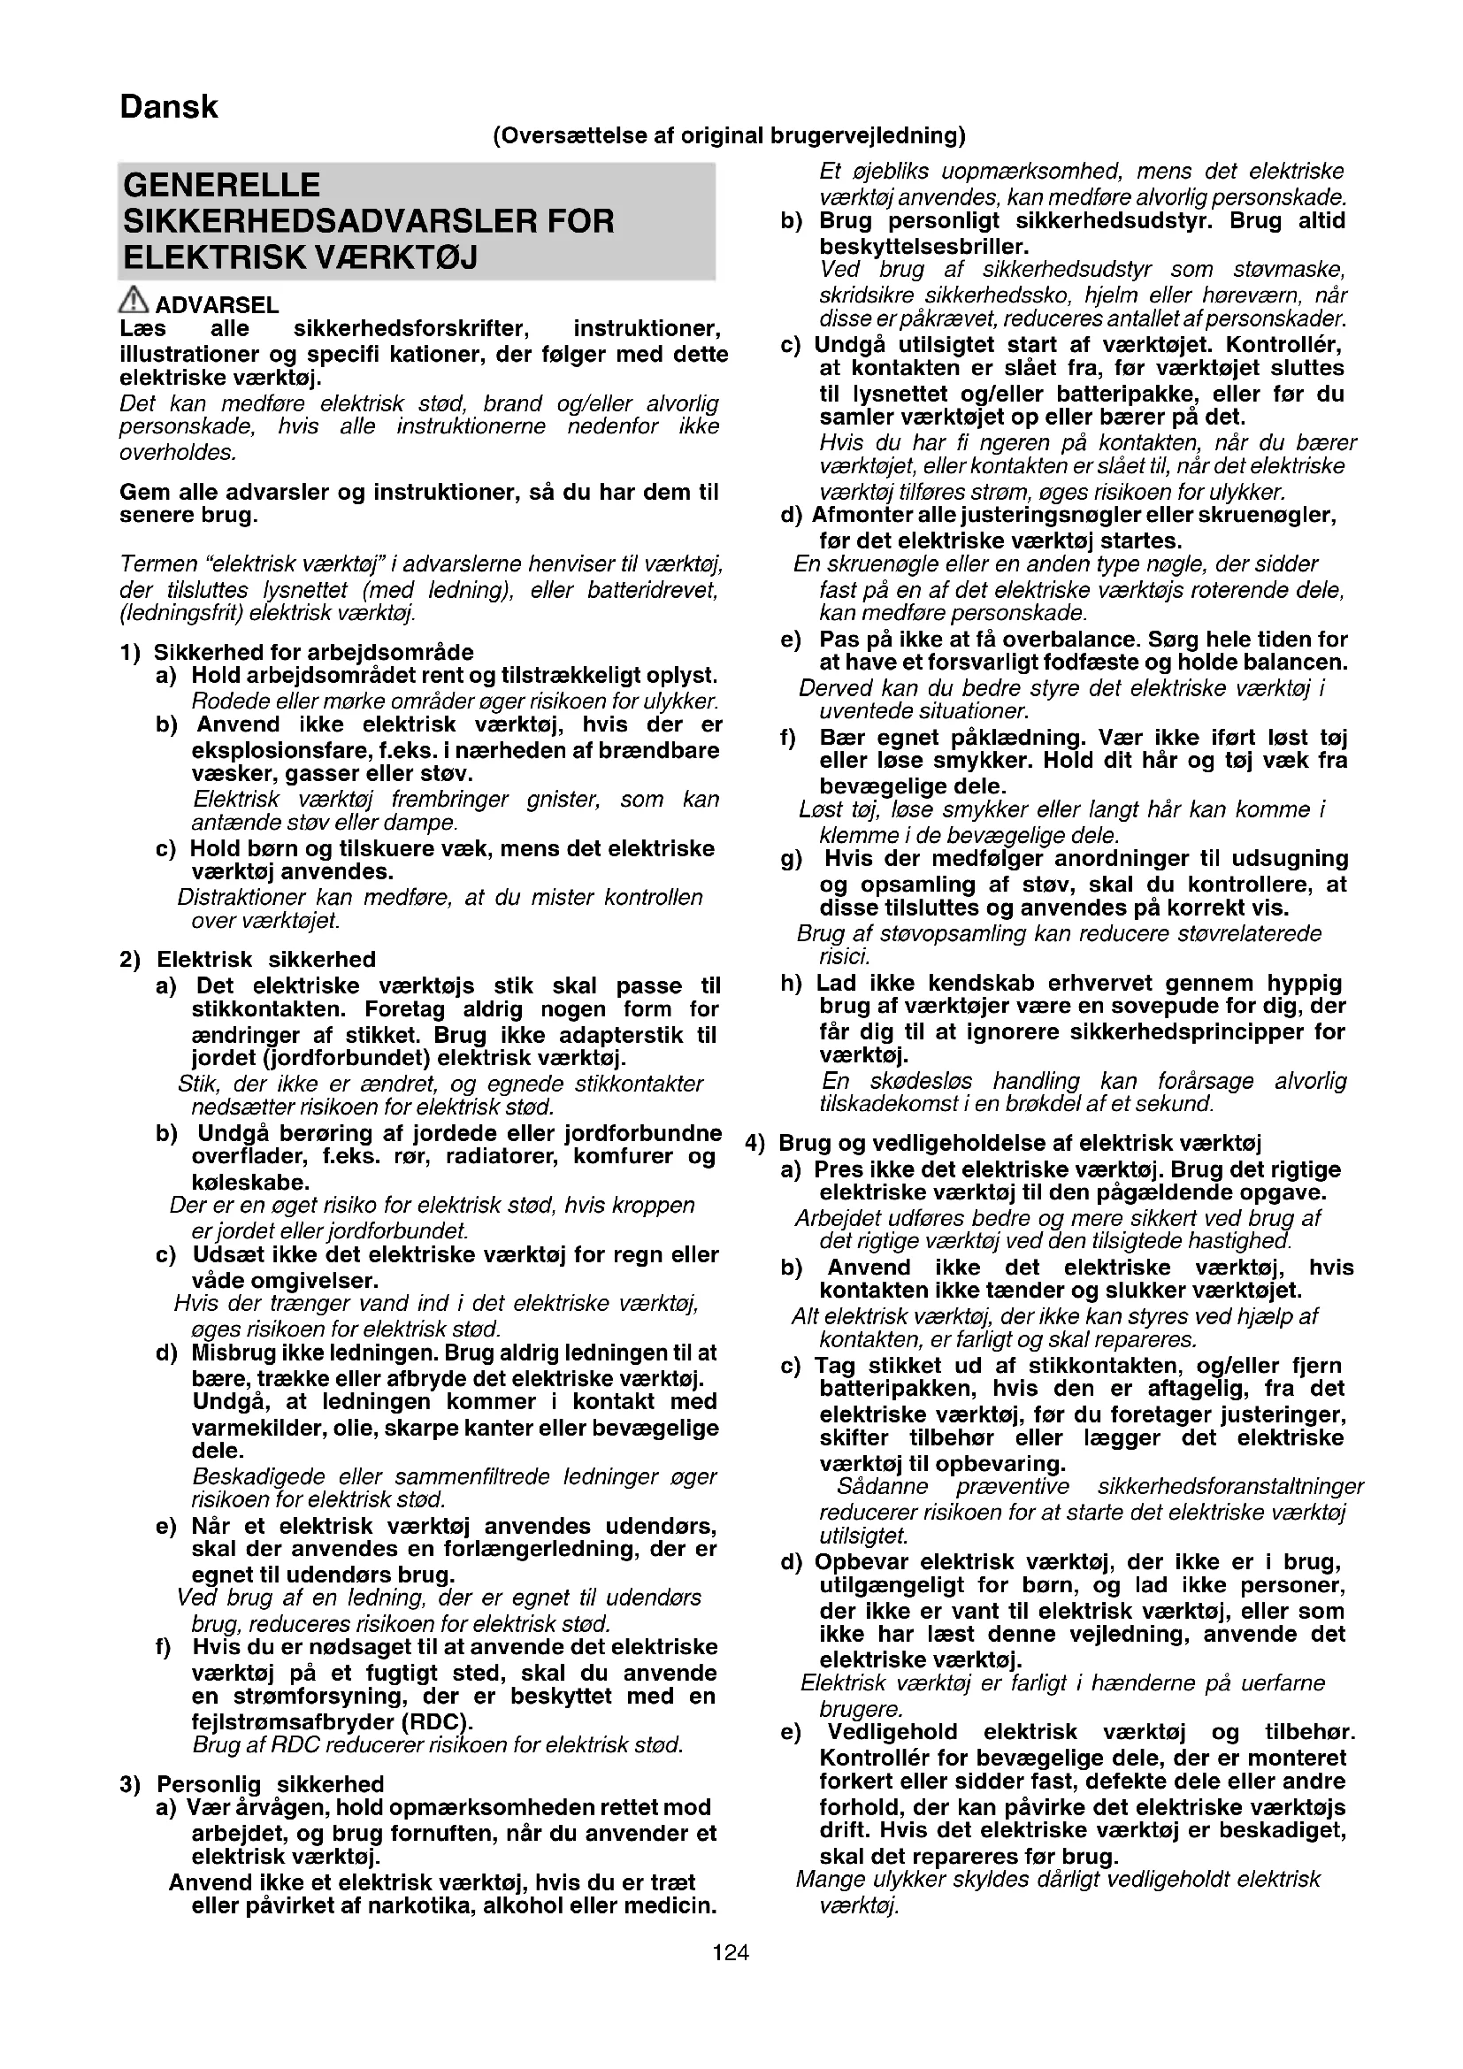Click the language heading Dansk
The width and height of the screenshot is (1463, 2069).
pyautogui.click(x=168, y=108)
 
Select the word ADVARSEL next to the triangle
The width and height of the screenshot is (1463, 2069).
pyautogui.click(x=217, y=305)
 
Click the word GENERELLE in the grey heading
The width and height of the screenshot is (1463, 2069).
pyautogui.click(x=222, y=186)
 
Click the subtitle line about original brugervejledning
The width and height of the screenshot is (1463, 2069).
pyautogui.click(x=729, y=136)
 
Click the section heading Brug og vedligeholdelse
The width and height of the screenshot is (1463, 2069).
pyautogui.click(x=1020, y=1144)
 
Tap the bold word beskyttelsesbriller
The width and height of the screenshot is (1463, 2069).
pyautogui.click(x=923, y=246)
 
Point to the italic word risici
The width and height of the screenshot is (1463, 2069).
pyautogui.click(x=844, y=956)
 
